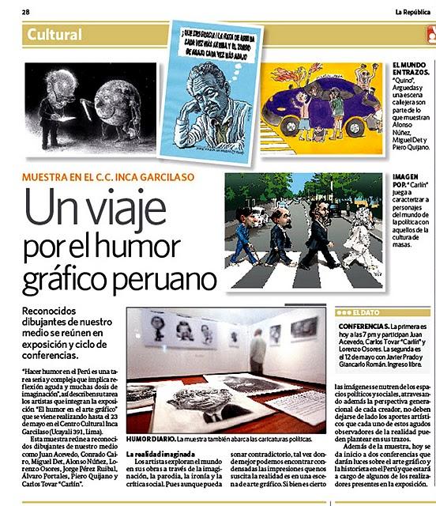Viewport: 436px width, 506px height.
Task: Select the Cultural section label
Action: pos(54,35)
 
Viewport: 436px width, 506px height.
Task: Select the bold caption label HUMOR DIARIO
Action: pos(151,438)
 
